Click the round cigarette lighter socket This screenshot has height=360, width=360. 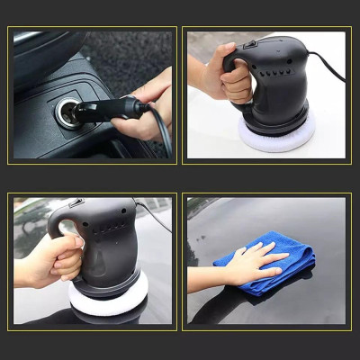[x=67, y=113]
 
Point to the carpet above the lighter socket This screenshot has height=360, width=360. [x=108, y=54]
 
